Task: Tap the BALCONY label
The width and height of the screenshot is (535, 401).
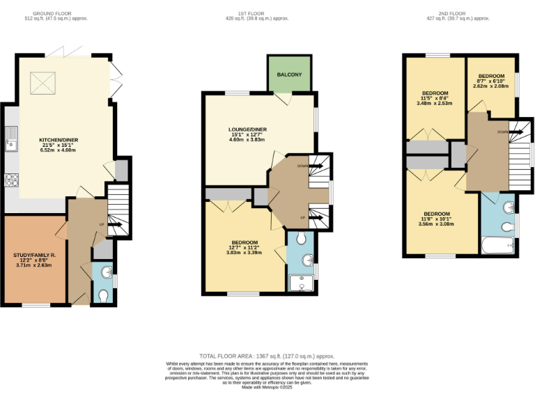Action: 289,74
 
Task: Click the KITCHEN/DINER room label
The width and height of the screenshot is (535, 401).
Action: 59,140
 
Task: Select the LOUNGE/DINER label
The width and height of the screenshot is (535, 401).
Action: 248,129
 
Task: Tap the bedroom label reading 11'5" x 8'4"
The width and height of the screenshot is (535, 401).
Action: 435,93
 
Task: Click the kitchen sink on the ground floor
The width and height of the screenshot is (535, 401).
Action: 12,139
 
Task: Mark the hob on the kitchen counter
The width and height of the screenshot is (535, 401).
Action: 11,180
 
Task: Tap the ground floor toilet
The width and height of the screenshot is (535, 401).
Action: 104,296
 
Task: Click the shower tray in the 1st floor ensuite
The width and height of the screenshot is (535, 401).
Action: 302,284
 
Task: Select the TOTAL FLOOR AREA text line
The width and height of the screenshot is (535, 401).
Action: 267,355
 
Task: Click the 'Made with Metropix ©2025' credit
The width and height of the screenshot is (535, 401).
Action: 267,387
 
